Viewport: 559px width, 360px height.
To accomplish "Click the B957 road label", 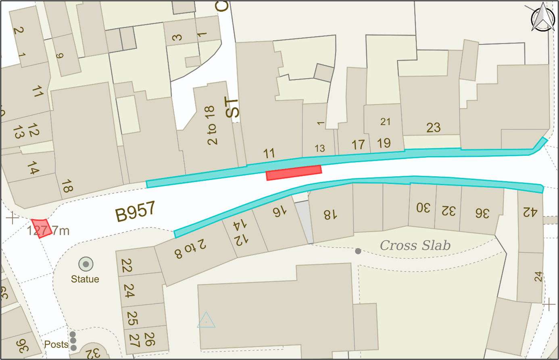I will (x=135, y=212).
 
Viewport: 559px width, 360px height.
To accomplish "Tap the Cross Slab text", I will (x=415, y=245).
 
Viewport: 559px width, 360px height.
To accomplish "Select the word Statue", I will (x=85, y=279).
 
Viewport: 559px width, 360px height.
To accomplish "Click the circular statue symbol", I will (x=86, y=264).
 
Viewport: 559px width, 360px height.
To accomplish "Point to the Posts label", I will (x=56, y=345).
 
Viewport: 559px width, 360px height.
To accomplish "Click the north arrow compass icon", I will (x=543, y=18).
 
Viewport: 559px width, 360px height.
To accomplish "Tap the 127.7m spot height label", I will (x=48, y=231).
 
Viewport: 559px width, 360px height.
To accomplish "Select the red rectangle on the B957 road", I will (x=294, y=173).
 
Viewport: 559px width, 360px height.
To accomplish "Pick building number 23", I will (x=433, y=128).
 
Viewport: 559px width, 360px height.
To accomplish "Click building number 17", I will (x=358, y=145).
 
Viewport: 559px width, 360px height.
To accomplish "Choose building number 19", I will (x=384, y=143).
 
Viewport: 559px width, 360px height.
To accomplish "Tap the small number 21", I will (x=386, y=122).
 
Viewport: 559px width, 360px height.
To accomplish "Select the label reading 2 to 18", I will (x=211, y=125).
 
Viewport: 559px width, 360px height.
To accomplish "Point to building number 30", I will (x=423, y=208).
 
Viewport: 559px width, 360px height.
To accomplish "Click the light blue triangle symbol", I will (x=206, y=320).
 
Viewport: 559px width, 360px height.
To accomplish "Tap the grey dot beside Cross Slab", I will (x=358, y=251).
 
